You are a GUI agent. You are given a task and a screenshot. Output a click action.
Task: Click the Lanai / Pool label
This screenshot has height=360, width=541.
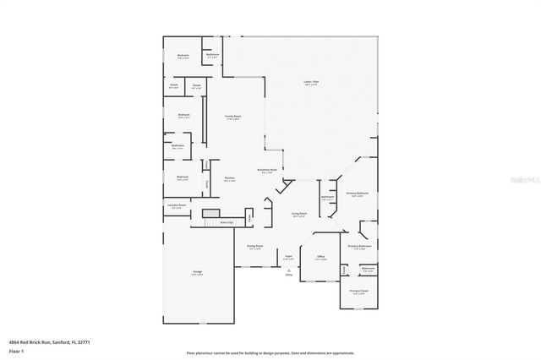(x=312, y=82)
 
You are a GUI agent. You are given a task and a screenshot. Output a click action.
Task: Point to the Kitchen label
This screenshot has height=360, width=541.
(x=229, y=178)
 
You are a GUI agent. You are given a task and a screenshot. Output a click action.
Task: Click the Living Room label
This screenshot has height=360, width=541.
(x=298, y=215)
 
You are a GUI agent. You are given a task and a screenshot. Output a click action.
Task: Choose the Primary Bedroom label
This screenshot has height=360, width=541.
(x=358, y=194)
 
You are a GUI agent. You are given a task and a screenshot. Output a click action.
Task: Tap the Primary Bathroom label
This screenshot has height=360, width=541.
(x=359, y=247)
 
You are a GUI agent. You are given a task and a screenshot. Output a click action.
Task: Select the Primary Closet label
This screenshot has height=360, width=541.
(x=359, y=292)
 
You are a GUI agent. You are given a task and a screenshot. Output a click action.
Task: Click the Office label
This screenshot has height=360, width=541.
(x=320, y=257)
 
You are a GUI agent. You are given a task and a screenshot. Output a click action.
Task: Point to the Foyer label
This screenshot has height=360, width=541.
(x=288, y=257)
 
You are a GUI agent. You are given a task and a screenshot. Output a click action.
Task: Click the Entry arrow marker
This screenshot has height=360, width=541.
(x=288, y=271)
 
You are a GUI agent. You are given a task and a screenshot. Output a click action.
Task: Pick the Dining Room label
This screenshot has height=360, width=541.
(x=254, y=247)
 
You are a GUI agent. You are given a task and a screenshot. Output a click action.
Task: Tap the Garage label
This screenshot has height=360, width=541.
(x=197, y=273)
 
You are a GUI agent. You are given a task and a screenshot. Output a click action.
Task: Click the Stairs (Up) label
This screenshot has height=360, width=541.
(x=226, y=222)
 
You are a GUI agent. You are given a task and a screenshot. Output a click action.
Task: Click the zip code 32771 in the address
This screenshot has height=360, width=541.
(x=83, y=341)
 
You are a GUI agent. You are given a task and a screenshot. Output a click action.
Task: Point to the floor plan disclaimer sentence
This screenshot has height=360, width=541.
(x=270, y=352)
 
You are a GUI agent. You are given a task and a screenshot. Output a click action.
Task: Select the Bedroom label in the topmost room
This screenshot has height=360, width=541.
(x=183, y=56)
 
